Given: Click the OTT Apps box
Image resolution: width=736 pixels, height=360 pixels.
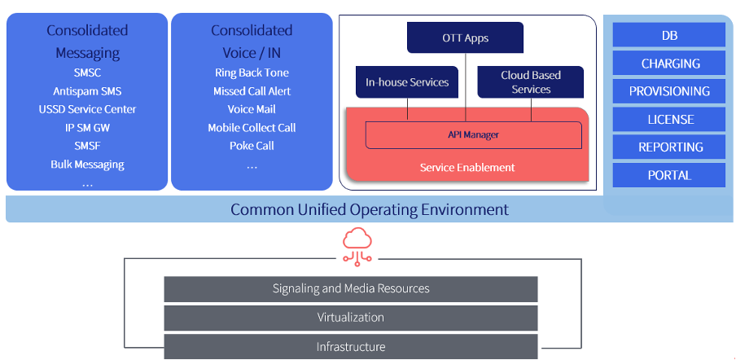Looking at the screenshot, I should point(465,38).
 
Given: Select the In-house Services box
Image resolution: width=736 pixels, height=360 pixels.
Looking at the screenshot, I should point(407,82).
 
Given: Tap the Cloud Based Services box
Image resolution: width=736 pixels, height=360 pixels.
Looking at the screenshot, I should point(531,82).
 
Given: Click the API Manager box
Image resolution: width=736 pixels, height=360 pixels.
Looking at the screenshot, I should point(473,135).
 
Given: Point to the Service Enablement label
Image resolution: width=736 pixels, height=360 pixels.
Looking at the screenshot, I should point(467,167).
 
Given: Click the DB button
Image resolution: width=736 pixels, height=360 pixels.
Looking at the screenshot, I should point(668,35).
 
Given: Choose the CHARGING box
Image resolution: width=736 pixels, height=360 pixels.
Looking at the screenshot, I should point(668,63).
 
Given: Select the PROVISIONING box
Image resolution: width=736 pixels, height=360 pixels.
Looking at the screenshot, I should point(668,91).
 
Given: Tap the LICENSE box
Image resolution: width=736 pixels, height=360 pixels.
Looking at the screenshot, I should point(668,119).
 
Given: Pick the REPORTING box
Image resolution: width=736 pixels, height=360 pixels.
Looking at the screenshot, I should point(668,147).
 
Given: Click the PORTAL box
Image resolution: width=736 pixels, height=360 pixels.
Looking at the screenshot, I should point(668,175).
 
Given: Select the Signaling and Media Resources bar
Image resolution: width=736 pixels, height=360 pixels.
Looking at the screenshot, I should point(351,289).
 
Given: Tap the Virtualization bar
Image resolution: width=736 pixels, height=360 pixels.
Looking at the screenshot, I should point(351,318).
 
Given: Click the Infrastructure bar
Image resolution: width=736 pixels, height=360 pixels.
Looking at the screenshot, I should point(351,346).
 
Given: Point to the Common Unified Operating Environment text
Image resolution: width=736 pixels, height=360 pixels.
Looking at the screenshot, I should point(369,209).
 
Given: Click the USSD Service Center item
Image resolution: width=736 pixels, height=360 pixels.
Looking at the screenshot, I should point(87,109).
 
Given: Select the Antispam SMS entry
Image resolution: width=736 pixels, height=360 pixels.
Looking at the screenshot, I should point(87,90).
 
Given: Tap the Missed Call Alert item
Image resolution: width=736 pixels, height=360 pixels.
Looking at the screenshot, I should point(252,90).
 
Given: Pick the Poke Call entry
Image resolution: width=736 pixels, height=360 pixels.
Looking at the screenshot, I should point(252,146).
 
